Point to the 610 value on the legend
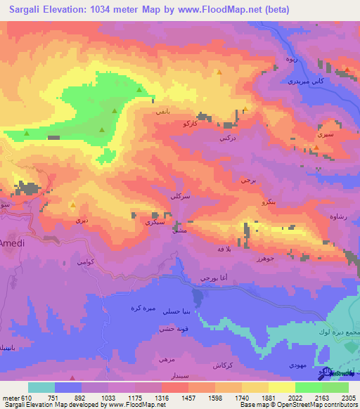26,397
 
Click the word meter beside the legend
10,397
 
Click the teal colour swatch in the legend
41,387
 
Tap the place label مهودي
297,365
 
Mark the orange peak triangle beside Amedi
73,205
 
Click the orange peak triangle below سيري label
316,146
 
